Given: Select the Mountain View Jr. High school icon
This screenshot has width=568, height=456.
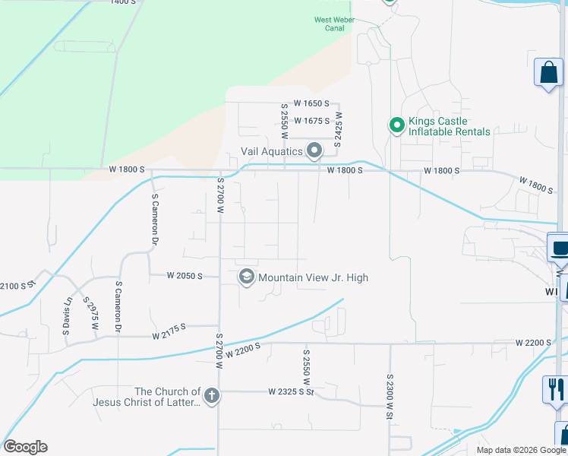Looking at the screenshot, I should coord(246,277).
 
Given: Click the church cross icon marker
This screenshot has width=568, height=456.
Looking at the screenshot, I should coord(211,396).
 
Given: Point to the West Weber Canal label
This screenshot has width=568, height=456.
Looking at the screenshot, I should coord(330,24).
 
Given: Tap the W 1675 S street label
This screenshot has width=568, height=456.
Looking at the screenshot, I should coord(312,121).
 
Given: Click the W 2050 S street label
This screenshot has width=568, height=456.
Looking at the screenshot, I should coord(185,276).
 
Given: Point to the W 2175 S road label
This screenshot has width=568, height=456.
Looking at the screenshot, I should coord(169,331).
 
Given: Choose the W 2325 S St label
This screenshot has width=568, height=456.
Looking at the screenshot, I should coord(291,392).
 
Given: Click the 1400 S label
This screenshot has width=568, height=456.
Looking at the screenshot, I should coord(124,3).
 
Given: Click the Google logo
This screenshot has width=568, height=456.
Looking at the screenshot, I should coord(25,447).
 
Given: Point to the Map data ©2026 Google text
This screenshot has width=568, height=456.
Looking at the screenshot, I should coord(520,450).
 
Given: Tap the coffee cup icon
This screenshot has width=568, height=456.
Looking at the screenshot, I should coord(560,249).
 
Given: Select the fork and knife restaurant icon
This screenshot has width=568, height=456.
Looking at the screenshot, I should coord(554,390).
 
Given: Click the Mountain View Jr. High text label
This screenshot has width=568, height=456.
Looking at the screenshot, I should coord(313,277).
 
